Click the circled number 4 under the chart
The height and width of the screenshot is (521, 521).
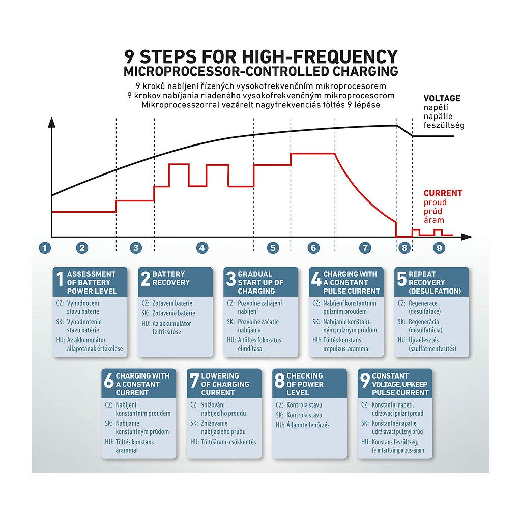point(202,248)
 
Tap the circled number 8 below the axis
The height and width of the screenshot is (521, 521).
point(404,248)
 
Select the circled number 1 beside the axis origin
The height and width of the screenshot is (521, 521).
point(45,248)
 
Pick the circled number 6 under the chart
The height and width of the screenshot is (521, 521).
point(313,248)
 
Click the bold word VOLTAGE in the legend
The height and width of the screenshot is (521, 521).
point(442,98)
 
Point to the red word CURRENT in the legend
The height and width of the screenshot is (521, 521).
point(443,193)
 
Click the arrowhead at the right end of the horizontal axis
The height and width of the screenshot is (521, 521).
point(467,237)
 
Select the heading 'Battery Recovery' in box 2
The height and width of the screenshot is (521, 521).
point(171,278)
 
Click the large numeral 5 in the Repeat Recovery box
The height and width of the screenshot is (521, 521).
point(401,279)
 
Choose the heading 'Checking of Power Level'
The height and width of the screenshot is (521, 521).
point(305,384)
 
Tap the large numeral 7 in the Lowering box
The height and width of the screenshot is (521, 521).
point(194,381)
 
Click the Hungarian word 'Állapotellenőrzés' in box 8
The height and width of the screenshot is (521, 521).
point(308,425)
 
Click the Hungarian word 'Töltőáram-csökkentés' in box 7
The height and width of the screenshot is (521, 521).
point(228,442)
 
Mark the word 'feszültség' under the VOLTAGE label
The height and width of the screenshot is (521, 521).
point(444,126)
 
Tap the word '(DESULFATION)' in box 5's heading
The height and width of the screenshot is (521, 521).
point(435,291)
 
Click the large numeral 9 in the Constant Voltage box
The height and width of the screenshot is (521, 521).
point(365,381)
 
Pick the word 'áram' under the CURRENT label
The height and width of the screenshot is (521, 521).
point(433,220)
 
